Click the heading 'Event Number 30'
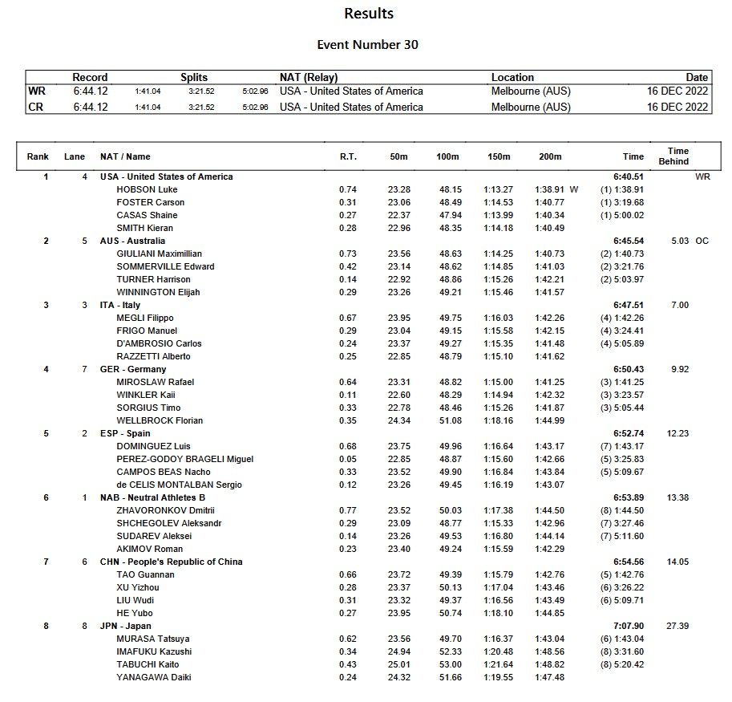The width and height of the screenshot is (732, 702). (x=368, y=45)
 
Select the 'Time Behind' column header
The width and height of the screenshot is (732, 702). (x=677, y=156)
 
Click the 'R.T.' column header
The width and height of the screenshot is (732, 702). (x=348, y=157)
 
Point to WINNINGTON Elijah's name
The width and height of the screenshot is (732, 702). (x=158, y=292)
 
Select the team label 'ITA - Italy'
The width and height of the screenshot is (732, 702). (x=120, y=305)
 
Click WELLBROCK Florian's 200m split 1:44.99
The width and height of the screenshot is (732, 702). (x=549, y=420)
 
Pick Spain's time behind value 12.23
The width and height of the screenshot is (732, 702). (x=677, y=433)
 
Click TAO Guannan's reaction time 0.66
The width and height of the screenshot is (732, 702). (x=347, y=574)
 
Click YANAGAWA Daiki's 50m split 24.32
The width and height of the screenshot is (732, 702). (x=398, y=677)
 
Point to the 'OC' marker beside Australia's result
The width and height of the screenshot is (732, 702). (x=702, y=241)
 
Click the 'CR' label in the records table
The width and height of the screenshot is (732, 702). (x=36, y=107)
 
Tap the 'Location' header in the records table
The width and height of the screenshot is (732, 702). (x=512, y=78)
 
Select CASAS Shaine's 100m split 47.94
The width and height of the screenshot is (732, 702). (x=447, y=215)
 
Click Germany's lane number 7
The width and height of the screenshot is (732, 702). (x=84, y=369)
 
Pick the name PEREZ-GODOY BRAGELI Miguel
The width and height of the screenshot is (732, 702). (x=184, y=459)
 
